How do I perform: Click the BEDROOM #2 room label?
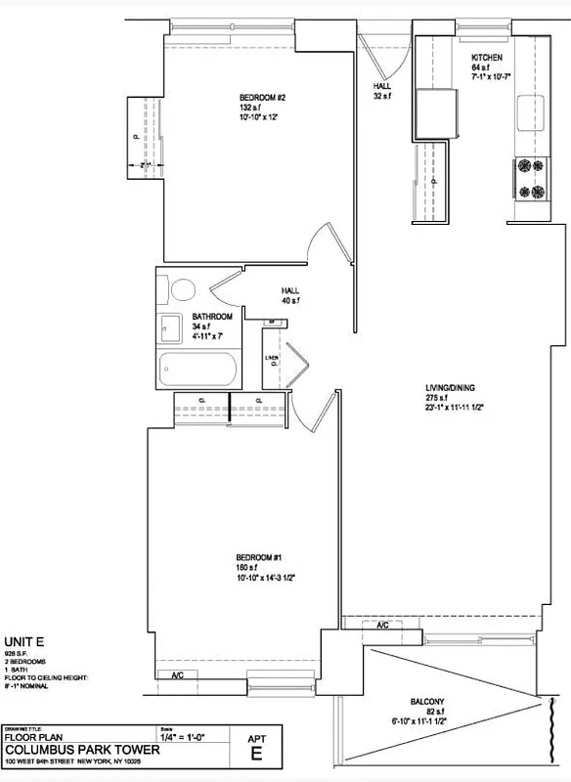click(262, 97)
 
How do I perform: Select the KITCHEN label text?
click(487, 57)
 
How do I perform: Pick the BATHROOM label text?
click(212, 317)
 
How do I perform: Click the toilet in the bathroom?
click(181, 290)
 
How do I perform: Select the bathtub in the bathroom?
click(198, 370)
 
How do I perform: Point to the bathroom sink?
click(168, 327)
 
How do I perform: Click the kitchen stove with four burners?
click(530, 179)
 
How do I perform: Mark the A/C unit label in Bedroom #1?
click(178, 675)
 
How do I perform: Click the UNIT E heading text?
click(23, 640)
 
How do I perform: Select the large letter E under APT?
click(257, 753)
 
